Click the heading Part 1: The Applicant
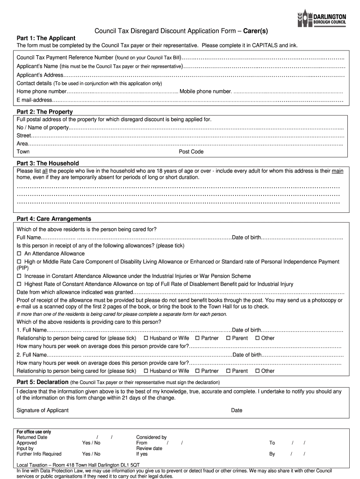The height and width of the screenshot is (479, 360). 46,38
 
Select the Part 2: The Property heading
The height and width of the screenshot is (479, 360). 44,112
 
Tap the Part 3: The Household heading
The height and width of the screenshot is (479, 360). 48,163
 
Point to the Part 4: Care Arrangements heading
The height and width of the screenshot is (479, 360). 54,219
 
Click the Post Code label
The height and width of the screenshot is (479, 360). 191,152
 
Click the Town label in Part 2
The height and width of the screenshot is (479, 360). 23,152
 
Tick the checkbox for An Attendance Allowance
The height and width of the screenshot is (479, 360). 19,254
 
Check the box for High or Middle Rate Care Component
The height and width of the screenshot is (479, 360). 19,262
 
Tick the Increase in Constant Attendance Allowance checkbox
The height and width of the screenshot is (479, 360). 19,276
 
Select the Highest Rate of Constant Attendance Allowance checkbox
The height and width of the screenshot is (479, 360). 19,284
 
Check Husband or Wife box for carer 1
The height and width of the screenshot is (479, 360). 146,338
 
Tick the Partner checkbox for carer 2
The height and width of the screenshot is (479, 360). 197,371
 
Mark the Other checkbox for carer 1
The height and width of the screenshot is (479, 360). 257,338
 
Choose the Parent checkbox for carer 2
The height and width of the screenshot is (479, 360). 228,371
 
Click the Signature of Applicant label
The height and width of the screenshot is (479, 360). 43,410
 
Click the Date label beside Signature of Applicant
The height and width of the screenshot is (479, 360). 237,410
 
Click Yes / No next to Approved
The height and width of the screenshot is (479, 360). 91,443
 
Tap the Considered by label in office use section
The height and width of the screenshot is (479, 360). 151,437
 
